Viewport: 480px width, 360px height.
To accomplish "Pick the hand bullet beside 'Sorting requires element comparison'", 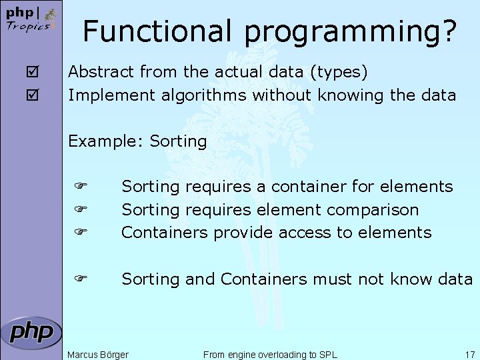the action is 81,209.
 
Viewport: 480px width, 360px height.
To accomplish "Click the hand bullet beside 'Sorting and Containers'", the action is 81,279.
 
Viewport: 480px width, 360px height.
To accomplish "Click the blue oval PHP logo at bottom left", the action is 31,332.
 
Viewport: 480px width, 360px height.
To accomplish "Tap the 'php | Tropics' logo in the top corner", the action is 28,20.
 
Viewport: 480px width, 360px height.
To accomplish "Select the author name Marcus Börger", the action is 98,354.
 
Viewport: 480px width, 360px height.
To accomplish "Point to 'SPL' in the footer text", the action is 328,354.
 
